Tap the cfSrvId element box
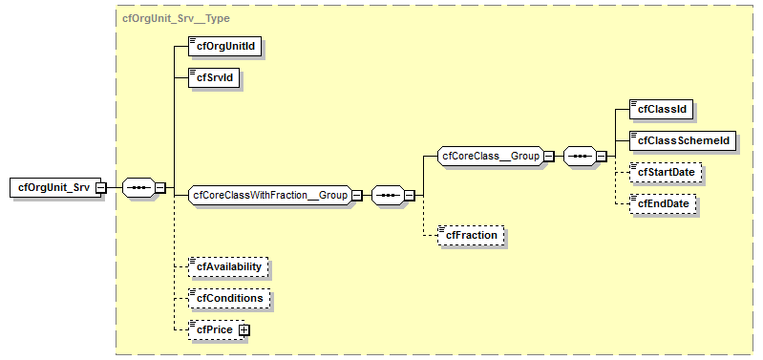pos(213,76)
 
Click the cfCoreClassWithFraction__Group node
pos(269,195)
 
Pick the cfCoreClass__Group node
pos(490,155)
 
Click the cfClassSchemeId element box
pos(682,140)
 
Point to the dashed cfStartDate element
pos(666,172)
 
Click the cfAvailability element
pos(229,266)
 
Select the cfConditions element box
pos(229,298)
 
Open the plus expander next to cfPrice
pos(244,329)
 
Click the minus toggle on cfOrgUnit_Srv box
pos(100,188)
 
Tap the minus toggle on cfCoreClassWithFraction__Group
pos(356,196)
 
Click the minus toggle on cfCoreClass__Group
pos(549,156)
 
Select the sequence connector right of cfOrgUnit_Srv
pos(138,187)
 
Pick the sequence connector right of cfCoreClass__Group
pos(580,156)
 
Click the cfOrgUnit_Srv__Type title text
pos(176,18)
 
